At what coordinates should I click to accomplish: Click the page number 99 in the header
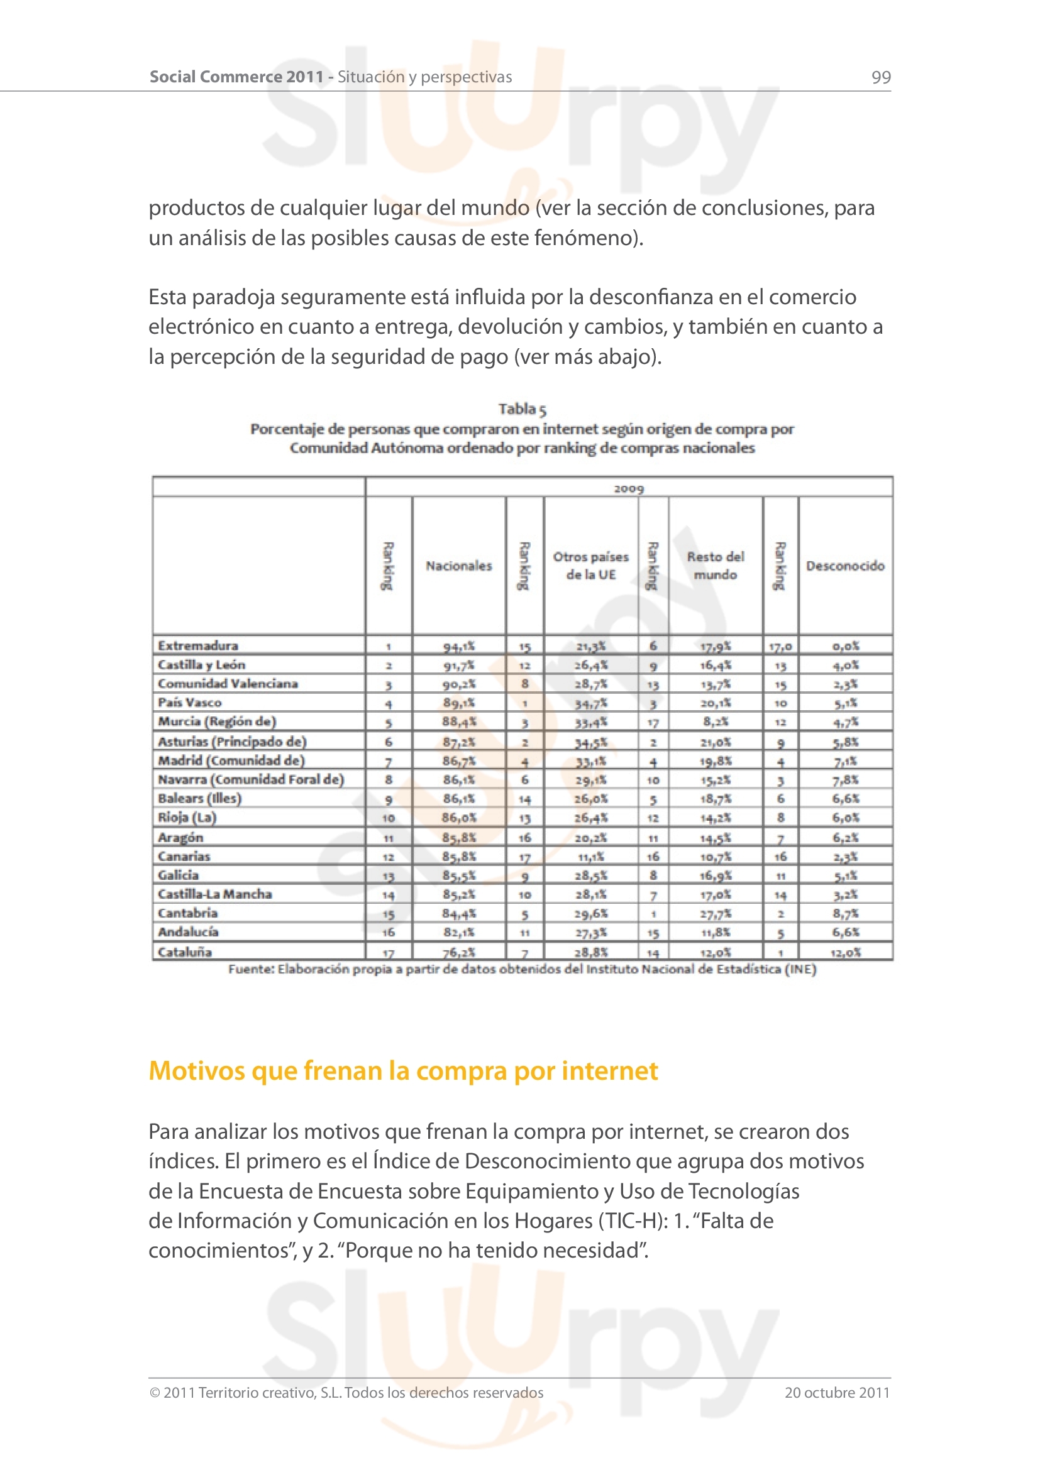click(x=880, y=77)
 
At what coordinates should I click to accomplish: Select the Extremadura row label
click(x=198, y=645)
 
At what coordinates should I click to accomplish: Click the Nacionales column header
click(x=458, y=566)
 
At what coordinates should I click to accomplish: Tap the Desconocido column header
click(x=844, y=566)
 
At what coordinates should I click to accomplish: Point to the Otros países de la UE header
click(x=590, y=566)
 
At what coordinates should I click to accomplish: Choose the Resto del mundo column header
click(x=716, y=566)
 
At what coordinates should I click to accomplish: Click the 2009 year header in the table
click(x=628, y=488)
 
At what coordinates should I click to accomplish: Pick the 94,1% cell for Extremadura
click(x=458, y=647)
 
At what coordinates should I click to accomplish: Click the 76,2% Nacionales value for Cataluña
click(x=458, y=953)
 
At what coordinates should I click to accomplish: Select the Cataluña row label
click(x=185, y=952)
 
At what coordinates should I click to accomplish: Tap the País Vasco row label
click(x=189, y=703)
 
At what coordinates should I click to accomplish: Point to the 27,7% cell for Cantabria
click(x=716, y=914)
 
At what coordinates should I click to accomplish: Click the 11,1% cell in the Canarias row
click(x=590, y=857)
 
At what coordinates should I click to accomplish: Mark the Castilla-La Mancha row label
click(x=215, y=894)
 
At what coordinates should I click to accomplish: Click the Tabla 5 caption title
click(x=522, y=409)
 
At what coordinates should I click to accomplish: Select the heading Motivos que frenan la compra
click(x=403, y=1071)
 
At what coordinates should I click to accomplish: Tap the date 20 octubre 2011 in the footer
click(x=836, y=1393)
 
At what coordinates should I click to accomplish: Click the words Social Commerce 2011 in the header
click(x=237, y=77)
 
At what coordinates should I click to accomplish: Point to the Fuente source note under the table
click(x=522, y=969)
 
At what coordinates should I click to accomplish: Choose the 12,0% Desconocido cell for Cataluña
click(x=844, y=953)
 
